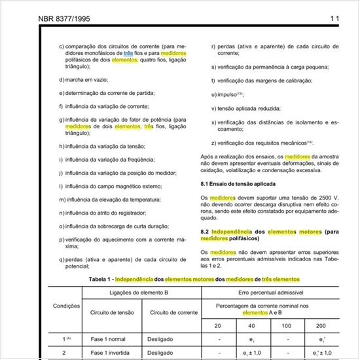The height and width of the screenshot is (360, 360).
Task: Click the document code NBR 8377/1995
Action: pos(58,18)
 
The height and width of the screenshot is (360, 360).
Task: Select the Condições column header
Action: pos(66,306)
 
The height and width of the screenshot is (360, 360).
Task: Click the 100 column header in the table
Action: pos(286,326)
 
